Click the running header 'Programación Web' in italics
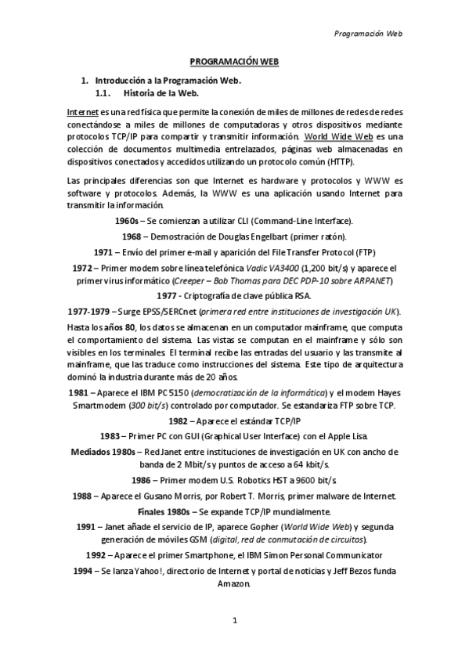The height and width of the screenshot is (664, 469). (368, 34)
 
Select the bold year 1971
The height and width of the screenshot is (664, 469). (103, 252)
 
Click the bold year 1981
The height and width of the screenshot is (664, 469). (78, 392)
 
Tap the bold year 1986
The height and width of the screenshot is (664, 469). (141, 479)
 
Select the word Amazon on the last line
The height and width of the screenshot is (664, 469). (234, 584)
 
